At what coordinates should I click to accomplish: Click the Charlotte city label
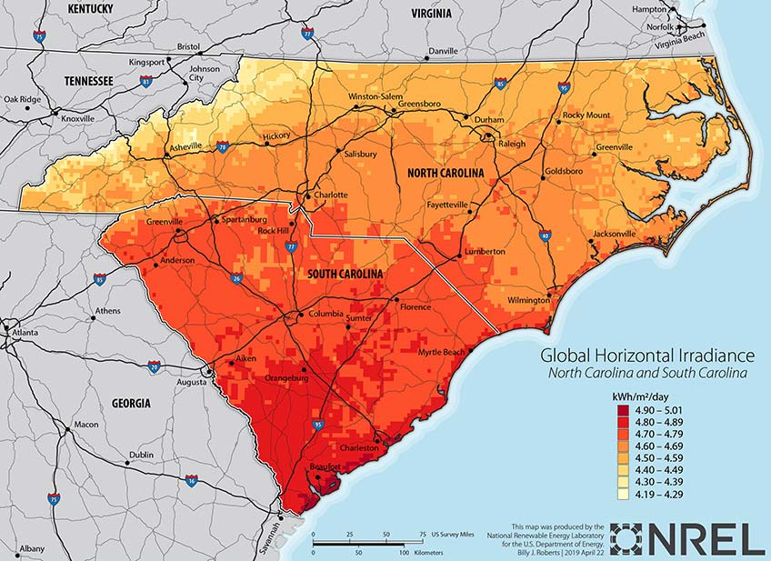pos(331,195)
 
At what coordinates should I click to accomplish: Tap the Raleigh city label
pos(513,144)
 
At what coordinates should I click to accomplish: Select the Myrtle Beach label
pos(441,352)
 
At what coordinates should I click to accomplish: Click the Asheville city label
pos(186,146)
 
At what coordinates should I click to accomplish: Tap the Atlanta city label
pos(25,333)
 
